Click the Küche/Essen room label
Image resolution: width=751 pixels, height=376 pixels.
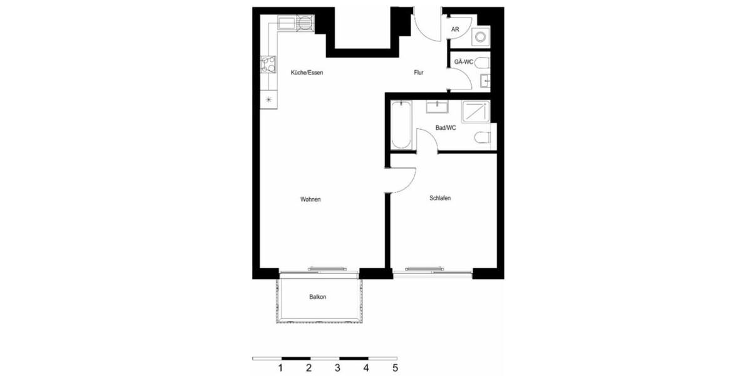(x=306, y=73)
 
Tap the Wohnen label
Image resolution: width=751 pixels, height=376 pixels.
(x=310, y=199)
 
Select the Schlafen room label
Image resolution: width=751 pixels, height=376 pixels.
(x=440, y=198)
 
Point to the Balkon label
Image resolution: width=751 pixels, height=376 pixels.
(x=317, y=297)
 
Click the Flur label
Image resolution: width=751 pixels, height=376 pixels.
(x=419, y=73)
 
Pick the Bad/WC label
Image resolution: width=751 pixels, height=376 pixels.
(x=445, y=128)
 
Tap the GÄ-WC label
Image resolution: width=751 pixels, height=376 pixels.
(x=464, y=61)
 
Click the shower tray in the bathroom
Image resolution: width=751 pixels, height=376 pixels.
(x=476, y=112)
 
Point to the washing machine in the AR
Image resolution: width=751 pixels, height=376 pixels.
(x=481, y=36)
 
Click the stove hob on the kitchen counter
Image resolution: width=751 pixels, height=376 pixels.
(x=269, y=64)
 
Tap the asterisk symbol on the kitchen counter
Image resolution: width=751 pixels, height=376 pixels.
(x=269, y=100)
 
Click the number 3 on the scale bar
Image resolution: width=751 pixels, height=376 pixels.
(x=338, y=368)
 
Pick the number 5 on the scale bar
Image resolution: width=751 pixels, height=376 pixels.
(x=395, y=368)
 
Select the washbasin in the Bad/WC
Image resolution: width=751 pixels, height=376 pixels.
(x=437, y=107)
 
